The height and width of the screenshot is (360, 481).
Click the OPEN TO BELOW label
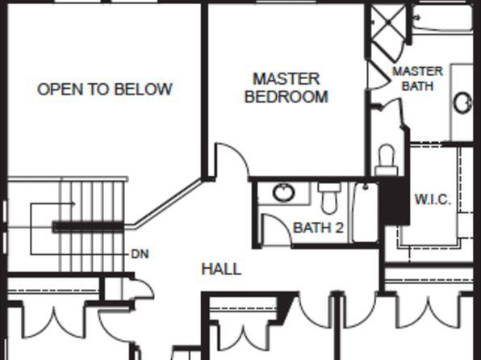[x=104, y=89]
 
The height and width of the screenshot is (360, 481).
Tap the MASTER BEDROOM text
[x=287, y=88]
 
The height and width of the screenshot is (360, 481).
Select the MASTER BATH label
[x=418, y=78]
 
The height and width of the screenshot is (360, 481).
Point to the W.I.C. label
[x=433, y=199]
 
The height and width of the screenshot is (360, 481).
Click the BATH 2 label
[x=319, y=228]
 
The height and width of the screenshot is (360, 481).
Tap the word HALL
[x=221, y=269]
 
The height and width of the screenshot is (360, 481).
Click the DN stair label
[x=140, y=253]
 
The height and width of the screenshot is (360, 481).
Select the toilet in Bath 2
[x=328, y=198]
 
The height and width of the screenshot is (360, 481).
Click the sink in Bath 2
[x=284, y=192]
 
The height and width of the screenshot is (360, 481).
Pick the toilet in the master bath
[x=387, y=160]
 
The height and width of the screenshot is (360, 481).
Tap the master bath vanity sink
[x=462, y=103]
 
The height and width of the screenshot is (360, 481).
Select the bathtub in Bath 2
[x=365, y=212]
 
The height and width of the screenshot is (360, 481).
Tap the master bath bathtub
[x=441, y=18]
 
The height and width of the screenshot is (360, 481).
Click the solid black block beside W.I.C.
[x=394, y=201]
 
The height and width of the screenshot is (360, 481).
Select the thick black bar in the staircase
[x=88, y=227]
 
